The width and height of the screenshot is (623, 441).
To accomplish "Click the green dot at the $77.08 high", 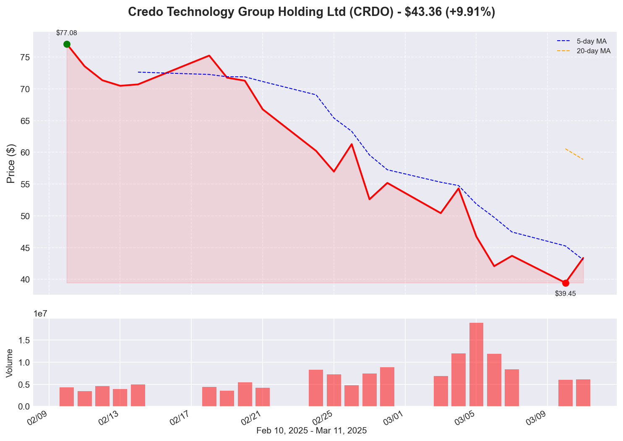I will coord(67,44).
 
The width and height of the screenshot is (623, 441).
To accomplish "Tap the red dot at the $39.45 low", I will coord(566,283).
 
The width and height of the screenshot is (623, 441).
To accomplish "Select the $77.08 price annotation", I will coord(67,33).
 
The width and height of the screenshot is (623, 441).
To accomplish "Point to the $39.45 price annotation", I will coord(566,294).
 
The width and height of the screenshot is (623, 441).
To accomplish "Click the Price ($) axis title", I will coord(11,163).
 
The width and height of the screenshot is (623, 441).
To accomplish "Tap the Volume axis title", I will coord(10,363).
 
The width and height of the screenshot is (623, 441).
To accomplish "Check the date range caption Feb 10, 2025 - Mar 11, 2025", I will coord(311,431).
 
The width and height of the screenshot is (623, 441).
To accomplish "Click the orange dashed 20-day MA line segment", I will coord(574,154).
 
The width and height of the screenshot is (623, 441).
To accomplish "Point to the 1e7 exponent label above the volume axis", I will coord(42,314).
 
